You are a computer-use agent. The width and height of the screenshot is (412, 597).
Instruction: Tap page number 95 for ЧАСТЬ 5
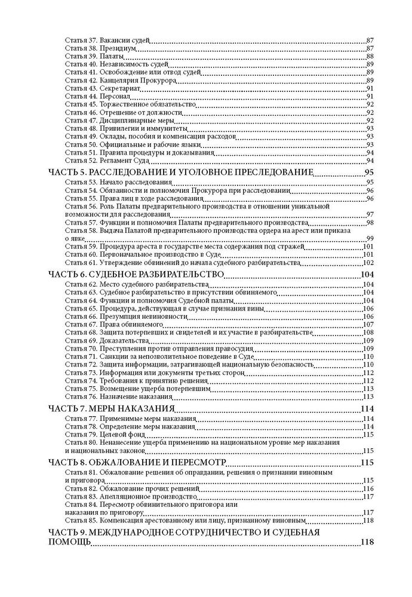pos(368,173)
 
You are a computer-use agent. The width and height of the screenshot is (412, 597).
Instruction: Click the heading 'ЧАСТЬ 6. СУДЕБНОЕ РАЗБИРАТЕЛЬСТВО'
pos(135,274)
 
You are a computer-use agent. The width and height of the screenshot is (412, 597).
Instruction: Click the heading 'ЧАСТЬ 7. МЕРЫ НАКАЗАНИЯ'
pos(110,408)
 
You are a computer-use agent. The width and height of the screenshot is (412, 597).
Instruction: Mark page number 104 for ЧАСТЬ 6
pos(367,274)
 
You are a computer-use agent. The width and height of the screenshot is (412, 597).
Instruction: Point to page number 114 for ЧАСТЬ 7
pos(367,408)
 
